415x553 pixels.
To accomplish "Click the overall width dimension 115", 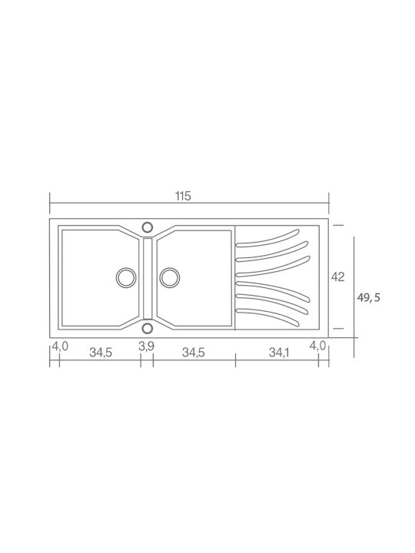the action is tap(183, 196).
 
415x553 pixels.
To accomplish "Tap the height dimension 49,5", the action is tap(368, 298).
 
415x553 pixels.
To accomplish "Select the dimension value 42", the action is tap(337, 277).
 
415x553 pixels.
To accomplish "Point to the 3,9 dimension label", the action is tap(146, 346).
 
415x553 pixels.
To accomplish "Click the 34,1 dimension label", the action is tap(279, 353).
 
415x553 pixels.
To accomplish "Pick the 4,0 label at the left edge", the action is tap(60, 346).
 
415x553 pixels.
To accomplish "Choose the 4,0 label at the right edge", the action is tap(317, 346).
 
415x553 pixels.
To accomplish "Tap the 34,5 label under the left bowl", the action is tap(101, 353).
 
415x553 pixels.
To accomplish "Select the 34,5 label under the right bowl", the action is tap(194, 353).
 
